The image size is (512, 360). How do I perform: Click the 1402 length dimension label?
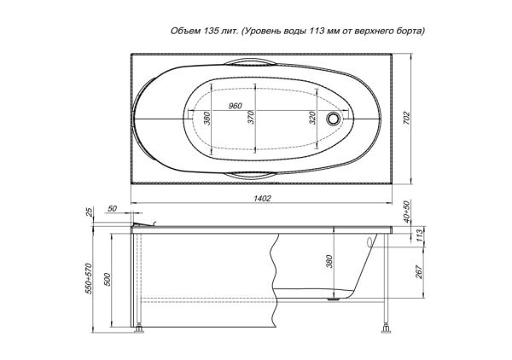[262, 198]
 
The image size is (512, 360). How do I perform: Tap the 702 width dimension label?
[407, 119]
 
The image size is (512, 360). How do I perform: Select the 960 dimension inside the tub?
[236, 106]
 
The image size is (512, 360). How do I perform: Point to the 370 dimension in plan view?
[251, 118]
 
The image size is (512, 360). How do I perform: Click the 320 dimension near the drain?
[311, 118]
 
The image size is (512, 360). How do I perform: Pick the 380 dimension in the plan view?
[207, 118]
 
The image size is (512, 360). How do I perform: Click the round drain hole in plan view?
[333, 118]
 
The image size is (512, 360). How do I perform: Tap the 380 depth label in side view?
[329, 261]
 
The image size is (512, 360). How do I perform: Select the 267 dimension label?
[420, 271]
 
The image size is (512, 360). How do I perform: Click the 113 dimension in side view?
[420, 235]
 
